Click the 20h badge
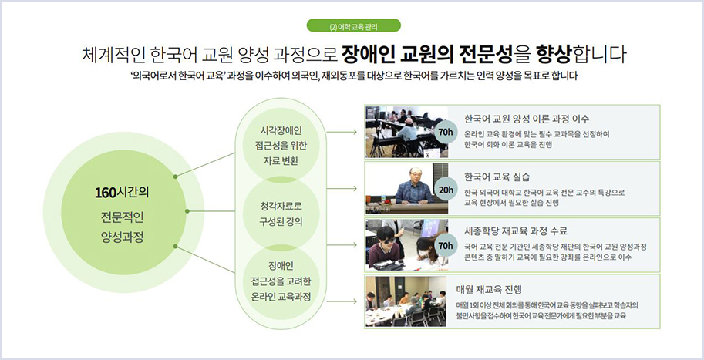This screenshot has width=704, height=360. click(x=445, y=190)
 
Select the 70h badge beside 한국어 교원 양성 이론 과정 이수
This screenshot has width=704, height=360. click(x=445, y=132)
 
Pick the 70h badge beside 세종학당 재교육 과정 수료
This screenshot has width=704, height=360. click(x=445, y=245)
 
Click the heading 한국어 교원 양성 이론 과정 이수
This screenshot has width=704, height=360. click(x=527, y=119)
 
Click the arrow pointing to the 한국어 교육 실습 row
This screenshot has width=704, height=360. click(x=351, y=188)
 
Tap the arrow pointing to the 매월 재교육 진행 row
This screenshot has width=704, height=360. click(x=351, y=301)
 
